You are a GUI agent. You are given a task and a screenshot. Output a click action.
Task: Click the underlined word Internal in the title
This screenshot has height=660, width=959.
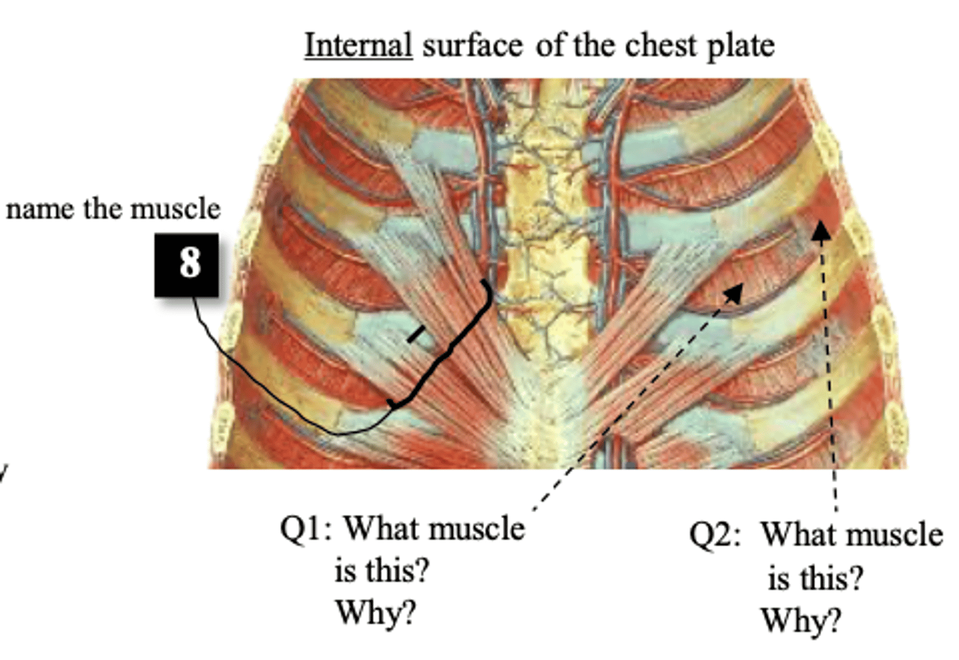point(358,45)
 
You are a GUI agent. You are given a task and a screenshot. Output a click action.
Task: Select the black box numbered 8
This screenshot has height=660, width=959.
point(186,265)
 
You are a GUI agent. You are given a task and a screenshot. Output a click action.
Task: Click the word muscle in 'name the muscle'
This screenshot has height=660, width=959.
point(176,209)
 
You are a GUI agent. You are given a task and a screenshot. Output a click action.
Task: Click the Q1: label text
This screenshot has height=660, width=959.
point(306,529)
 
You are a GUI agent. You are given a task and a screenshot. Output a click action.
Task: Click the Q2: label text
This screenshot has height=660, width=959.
point(715,535)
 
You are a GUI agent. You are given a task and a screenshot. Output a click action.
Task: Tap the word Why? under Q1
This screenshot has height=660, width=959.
point(376,613)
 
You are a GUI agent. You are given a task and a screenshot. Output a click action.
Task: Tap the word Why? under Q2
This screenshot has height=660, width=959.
point(800,621)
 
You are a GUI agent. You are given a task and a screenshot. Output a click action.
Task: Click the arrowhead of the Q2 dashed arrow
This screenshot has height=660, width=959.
point(820,230)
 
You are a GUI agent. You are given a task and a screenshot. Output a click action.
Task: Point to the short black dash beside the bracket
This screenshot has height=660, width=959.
point(417,334)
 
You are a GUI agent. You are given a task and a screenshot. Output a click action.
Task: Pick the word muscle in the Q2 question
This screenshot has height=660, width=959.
point(896,535)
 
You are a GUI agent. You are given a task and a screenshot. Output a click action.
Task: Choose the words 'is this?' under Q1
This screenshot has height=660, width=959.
point(382,571)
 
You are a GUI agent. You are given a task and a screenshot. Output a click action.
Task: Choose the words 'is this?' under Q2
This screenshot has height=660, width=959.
point(815,578)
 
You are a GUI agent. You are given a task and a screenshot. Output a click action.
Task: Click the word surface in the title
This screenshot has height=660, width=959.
point(473,45)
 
